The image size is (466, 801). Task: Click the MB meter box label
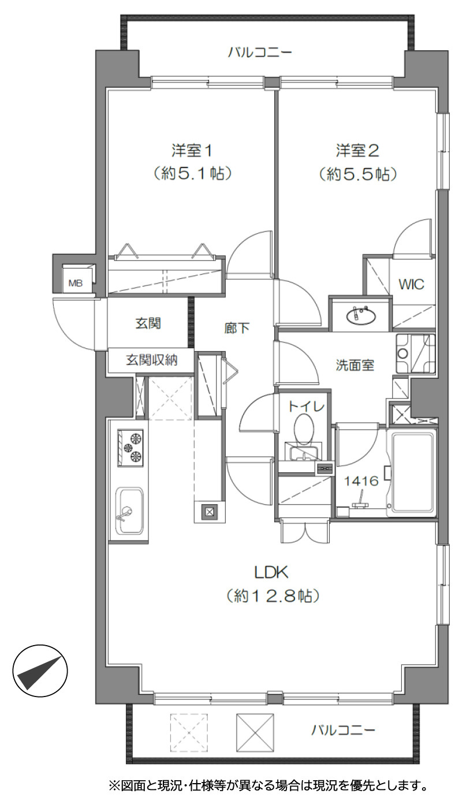pyautogui.click(x=76, y=283)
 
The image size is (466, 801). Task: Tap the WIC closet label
pyautogui.click(x=411, y=284)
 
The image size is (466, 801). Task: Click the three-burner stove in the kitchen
pyautogui.click(x=131, y=448)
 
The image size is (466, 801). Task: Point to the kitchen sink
pyautogui.click(x=129, y=511)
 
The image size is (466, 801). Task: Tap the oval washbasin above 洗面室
pyautogui.click(x=361, y=315)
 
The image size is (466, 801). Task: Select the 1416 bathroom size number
pyautogui.click(x=361, y=481)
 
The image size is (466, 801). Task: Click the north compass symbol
pyautogui.click(x=40, y=670)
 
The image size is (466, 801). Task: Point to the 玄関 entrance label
pyautogui.click(x=148, y=323)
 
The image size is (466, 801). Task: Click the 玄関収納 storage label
pyautogui.click(x=152, y=360)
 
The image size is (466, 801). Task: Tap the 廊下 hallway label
pyautogui.click(x=237, y=328)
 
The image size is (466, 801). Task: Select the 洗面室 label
pyautogui.click(x=355, y=365)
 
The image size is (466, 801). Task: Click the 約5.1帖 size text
pyautogui.click(x=192, y=174)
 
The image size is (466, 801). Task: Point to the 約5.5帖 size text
pyautogui.click(x=357, y=174)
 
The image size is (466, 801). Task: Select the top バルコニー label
pyautogui.click(x=260, y=53)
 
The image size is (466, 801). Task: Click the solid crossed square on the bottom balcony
pyautogui.click(x=255, y=733)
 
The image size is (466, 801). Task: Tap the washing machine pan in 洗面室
pyautogui.click(x=415, y=354)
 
